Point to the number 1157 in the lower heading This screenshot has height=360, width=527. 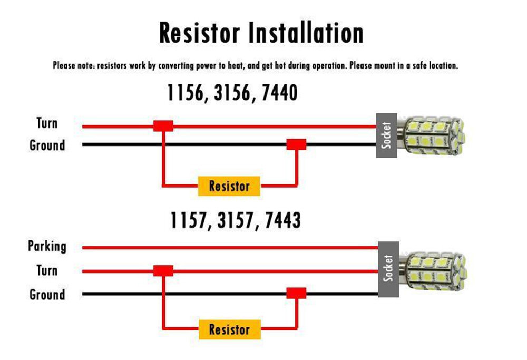click(x=188, y=220)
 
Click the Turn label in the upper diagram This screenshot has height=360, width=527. click(x=47, y=124)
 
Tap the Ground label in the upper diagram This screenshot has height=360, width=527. click(x=47, y=145)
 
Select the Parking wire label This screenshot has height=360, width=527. click(x=47, y=246)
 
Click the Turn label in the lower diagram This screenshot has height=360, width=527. click(x=47, y=270)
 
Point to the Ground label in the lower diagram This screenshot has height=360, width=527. click(x=47, y=294)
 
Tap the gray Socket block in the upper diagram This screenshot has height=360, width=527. click(x=386, y=135)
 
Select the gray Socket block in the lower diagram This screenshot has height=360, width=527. click(x=389, y=268)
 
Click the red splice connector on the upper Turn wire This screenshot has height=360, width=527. click(x=163, y=126)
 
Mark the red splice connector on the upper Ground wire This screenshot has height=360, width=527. click(x=296, y=144)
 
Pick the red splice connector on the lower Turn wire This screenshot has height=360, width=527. click(x=163, y=271)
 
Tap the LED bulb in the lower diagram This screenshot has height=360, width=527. click(x=435, y=269)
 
